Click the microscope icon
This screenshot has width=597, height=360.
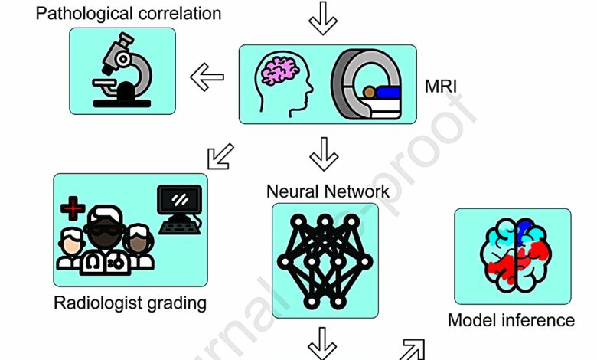(x=122, y=71)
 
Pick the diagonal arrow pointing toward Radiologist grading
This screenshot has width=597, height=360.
(x=220, y=158)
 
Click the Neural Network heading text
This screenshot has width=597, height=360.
(x=328, y=191)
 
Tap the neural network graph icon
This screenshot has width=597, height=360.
(x=325, y=260)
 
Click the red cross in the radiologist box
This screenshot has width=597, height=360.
(x=73, y=206)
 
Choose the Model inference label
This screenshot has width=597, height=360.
(x=511, y=320)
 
